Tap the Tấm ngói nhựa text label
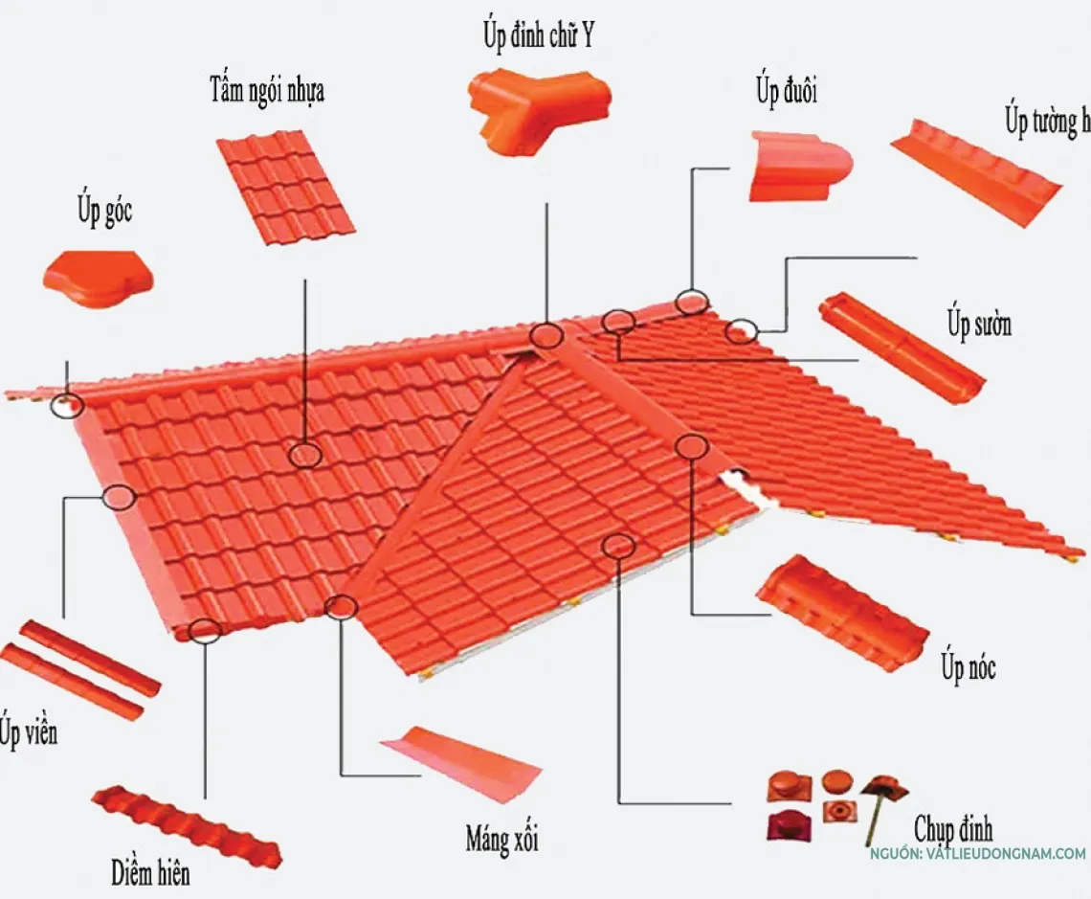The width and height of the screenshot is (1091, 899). tap(267, 91)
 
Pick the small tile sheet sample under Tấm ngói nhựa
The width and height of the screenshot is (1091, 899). tap(285, 187)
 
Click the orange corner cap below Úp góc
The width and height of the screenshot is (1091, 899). tap(98, 277)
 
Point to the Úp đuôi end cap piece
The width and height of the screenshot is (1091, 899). tap(798, 167)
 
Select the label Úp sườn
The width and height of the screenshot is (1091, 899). tap(979, 324)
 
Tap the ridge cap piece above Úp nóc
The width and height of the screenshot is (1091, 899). tap(841, 612)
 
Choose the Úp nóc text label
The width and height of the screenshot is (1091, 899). tap(968, 665)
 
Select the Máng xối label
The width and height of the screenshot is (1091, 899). tap(501, 840)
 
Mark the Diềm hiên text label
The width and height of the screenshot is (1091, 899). tap(149, 872)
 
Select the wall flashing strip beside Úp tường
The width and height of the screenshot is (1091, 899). tap(976, 173)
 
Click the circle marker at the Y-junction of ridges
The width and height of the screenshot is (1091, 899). tap(546, 335)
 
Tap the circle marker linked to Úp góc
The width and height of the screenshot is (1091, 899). tap(69, 404)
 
